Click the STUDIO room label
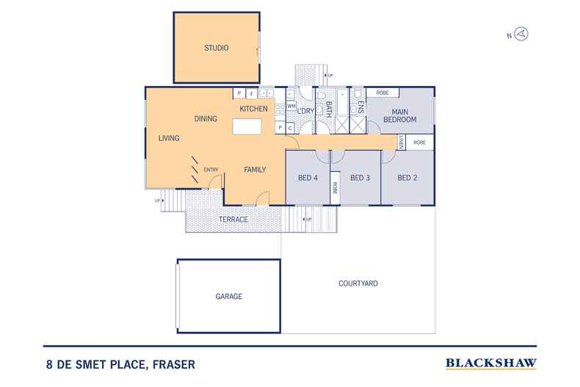pos(216,48)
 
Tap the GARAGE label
pos(228,297)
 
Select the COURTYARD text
pos(358,283)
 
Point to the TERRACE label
pos(233,220)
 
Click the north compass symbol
pos(522,34)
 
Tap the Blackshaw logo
pos(490,363)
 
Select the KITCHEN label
pos(253,109)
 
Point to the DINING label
pos(206,118)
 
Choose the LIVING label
pos(170,138)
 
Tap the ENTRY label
pos(211,170)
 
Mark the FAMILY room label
pos(255,170)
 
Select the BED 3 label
pos(359,178)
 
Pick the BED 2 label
pos(407,178)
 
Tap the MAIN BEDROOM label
pos(399,115)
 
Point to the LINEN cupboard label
pos(401,142)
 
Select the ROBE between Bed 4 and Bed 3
pos(334,189)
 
